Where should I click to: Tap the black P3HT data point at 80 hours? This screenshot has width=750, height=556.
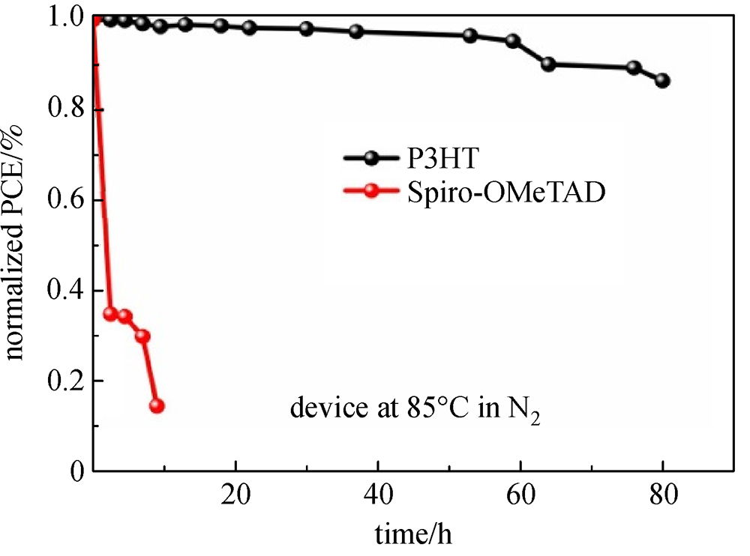coord(662,81)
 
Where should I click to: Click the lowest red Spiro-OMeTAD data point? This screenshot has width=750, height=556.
coord(157,406)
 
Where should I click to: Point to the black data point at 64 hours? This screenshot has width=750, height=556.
coord(548,64)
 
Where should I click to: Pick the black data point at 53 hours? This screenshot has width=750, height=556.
coord(470,35)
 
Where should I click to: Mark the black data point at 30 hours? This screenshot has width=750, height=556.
coord(306,28)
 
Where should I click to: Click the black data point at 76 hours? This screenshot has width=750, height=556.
coord(634,67)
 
